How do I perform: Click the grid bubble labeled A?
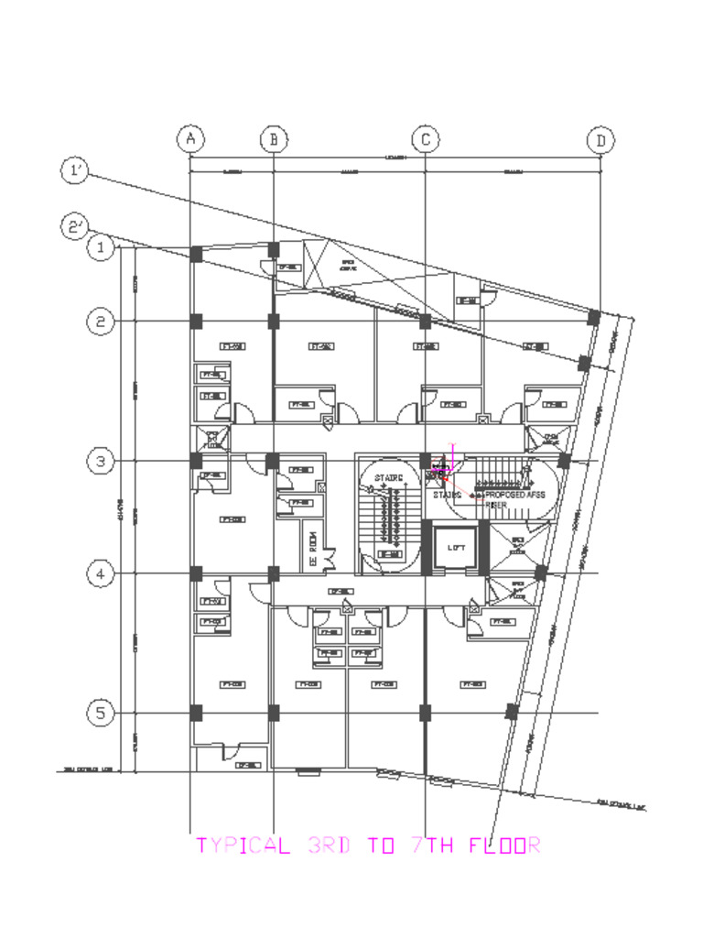pyautogui.click(x=189, y=139)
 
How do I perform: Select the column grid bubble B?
pyautogui.click(x=274, y=139)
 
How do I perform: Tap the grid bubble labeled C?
pyautogui.click(x=425, y=139)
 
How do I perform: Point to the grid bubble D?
pyautogui.click(x=600, y=140)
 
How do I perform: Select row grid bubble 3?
pyautogui.click(x=101, y=462)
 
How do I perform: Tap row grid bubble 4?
pyautogui.click(x=101, y=574)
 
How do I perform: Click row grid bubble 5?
pyautogui.click(x=101, y=713)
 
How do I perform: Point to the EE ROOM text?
pyautogui.click(x=311, y=547)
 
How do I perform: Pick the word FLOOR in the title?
pyautogui.click(x=504, y=845)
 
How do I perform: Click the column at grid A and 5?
pyautogui.click(x=195, y=712)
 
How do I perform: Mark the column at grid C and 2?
pyautogui.click(x=425, y=321)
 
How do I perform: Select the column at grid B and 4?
pyautogui.click(x=273, y=574)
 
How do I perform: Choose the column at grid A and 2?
pyautogui.click(x=195, y=321)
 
